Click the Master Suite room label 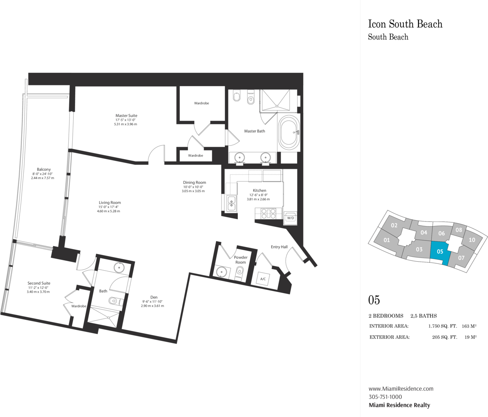(126, 116)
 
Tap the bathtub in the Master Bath (289, 133)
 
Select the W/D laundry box (290, 218)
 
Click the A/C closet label (263, 279)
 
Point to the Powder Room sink (222, 272)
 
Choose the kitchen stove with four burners (268, 213)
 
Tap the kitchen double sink (231, 204)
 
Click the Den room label (154, 297)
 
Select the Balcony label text (44, 169)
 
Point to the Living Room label (110, 202)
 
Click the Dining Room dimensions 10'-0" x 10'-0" (193, 187)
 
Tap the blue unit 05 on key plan (440, 253)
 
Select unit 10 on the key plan (472, 240)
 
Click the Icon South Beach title (405, 24)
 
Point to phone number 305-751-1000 (385, 397)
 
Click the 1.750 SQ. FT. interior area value (443, 326)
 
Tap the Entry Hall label (279, 247)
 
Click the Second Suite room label (39, 283)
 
